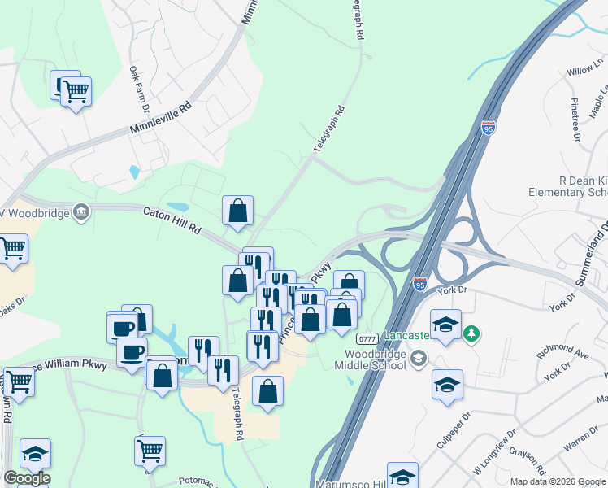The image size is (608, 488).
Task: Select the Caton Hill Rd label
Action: pos(172,220)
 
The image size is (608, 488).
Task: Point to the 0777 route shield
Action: pos(367,338)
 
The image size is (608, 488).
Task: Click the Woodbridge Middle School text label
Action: pos(375,359)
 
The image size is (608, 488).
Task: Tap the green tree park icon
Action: pos(471,333)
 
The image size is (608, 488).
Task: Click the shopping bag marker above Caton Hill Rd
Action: pos(237,211)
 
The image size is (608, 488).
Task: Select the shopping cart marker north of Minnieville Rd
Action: pos(76,93)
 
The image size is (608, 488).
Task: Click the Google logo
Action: pos(27,478)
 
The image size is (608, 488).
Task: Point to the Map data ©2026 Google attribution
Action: pos(558,481)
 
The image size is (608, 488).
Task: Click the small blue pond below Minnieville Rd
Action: pos(133,172)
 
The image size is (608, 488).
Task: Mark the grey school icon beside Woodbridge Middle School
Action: pos(419,358)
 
